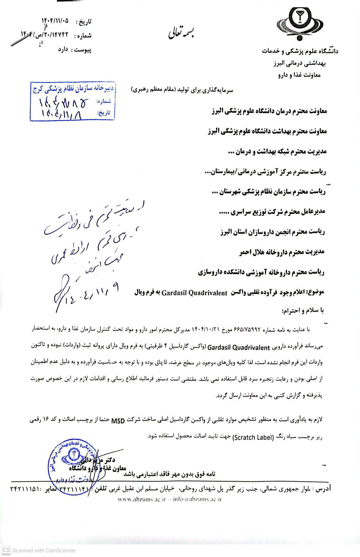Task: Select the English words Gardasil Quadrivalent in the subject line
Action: pos(194,293)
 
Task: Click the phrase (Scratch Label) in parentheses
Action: pos(253,437)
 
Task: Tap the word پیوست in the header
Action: pos(83,49)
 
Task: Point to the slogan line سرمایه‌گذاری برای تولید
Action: pos(182,90)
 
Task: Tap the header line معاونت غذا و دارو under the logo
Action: pos(299,75)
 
